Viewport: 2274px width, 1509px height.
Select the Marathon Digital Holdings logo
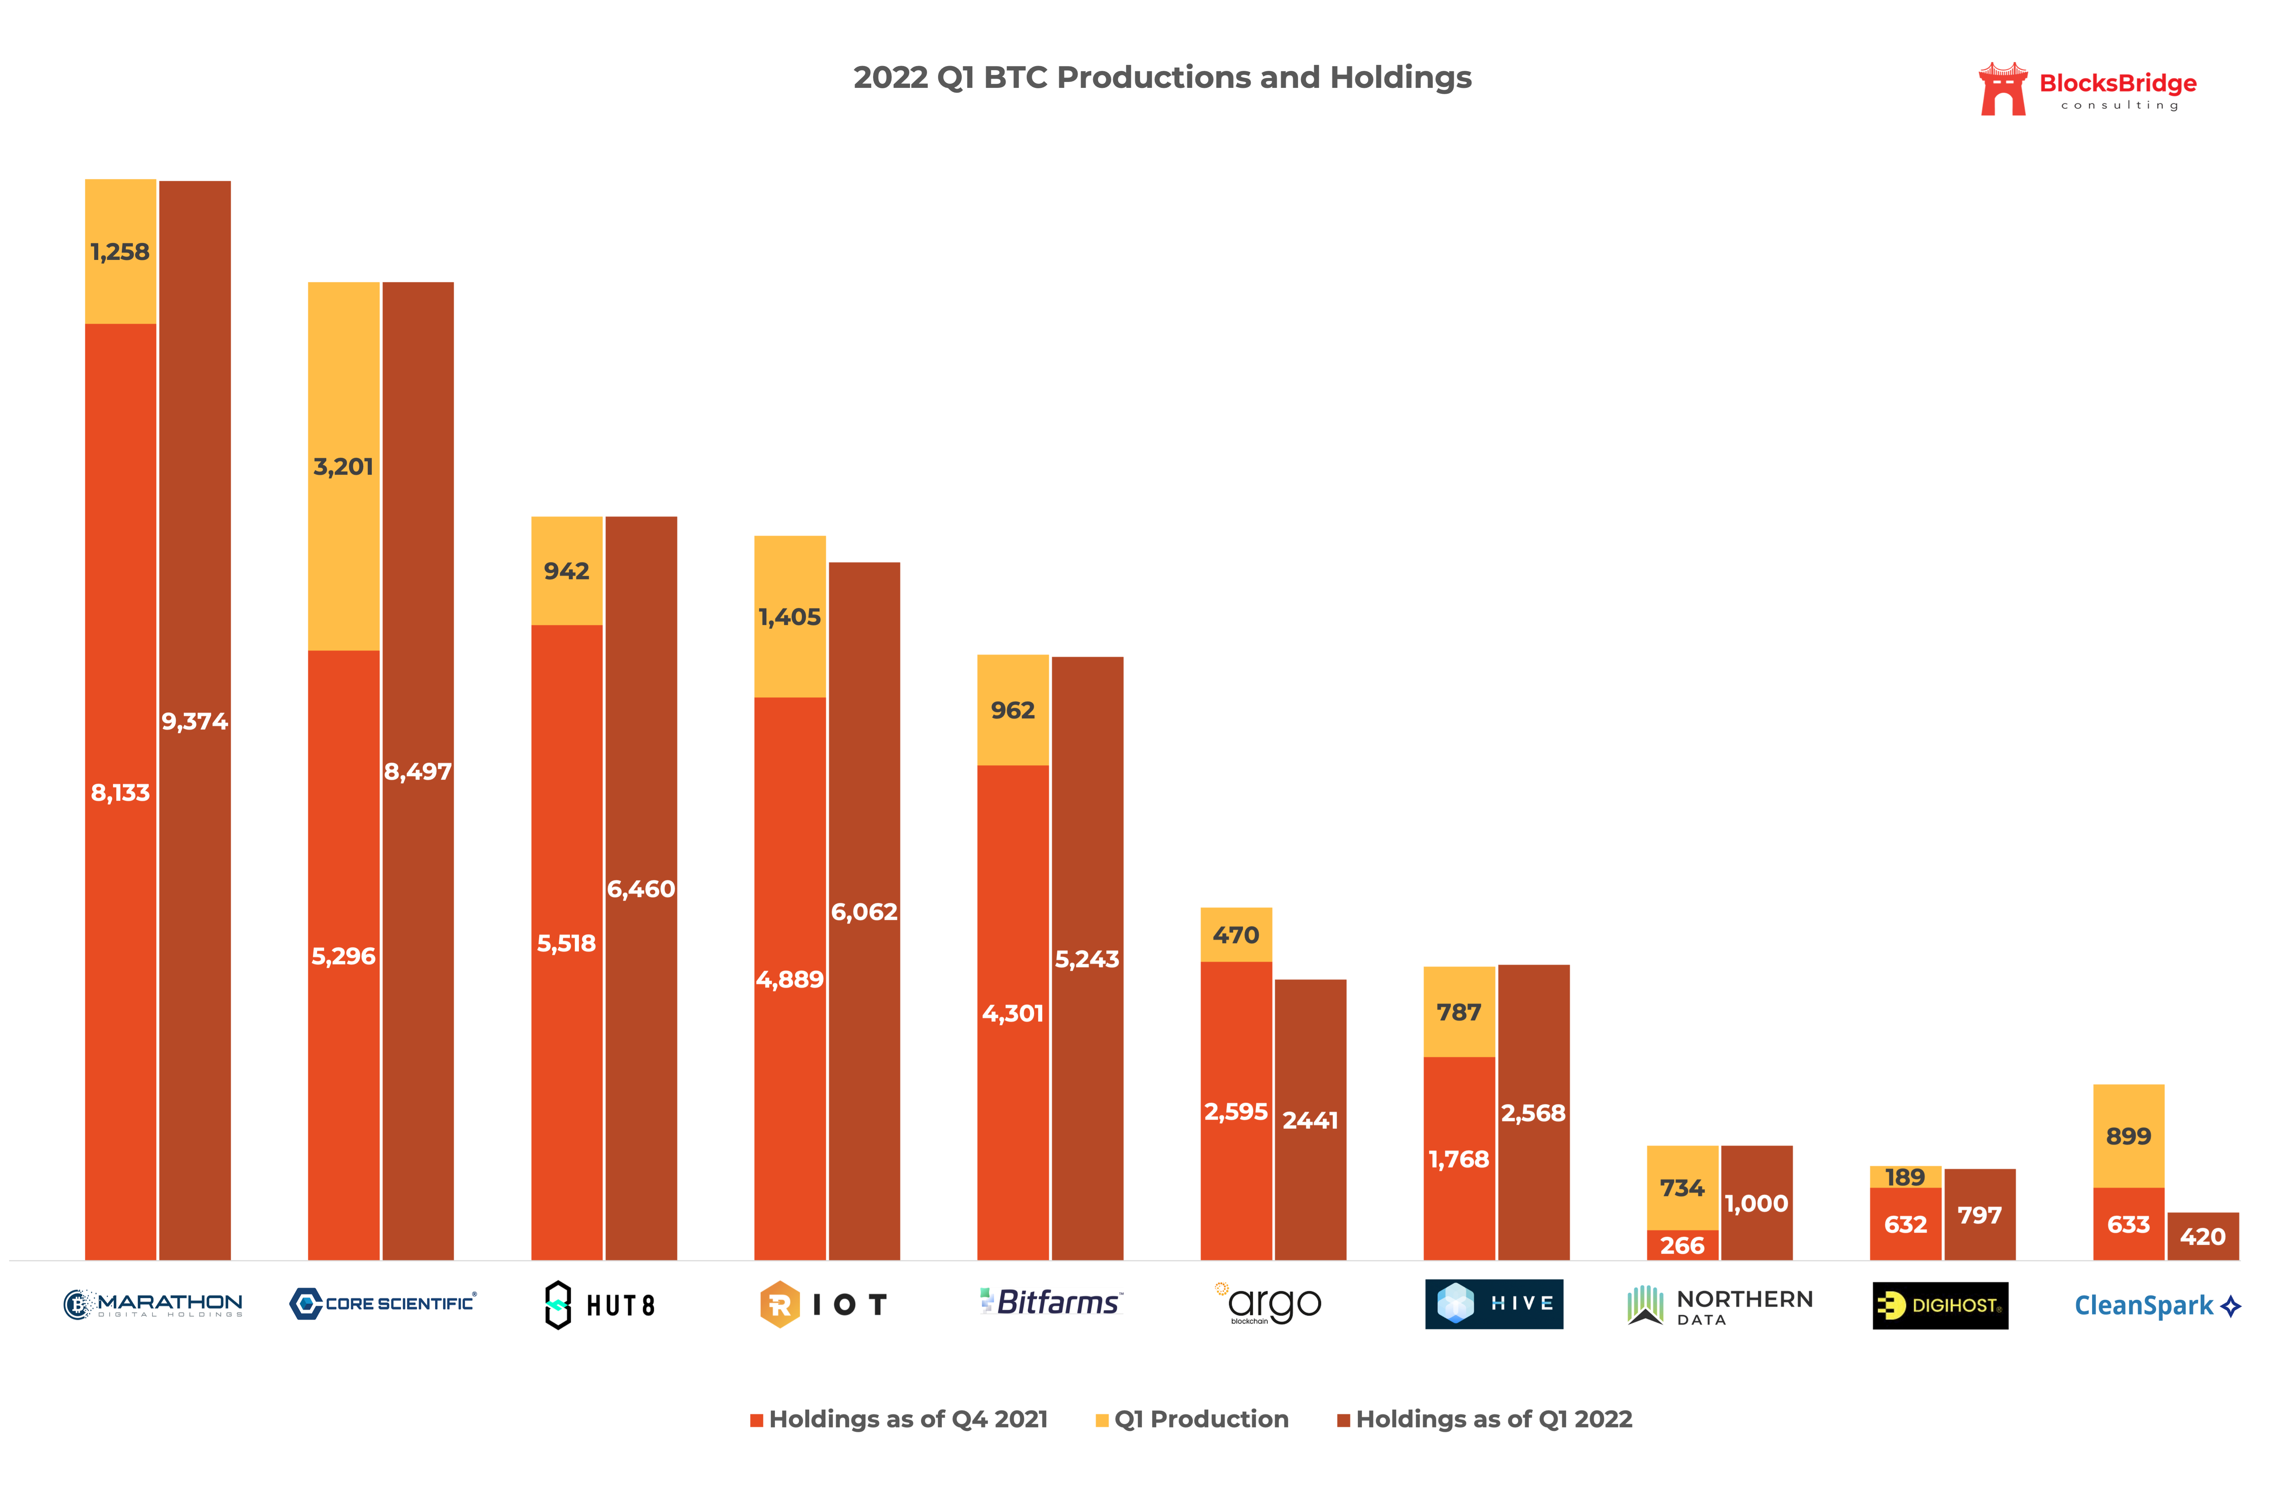pos(153,1304)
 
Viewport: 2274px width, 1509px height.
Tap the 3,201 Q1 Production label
pos(344,467)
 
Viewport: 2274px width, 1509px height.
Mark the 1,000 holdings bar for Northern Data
pos(1756,1203)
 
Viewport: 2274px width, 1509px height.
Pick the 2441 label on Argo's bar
pos(1310,1120)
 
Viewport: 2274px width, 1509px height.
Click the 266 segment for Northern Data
pos(1682,1245)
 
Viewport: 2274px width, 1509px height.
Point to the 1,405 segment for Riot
pos(789,617)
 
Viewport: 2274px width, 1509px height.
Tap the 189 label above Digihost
pos(1904,1177)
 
